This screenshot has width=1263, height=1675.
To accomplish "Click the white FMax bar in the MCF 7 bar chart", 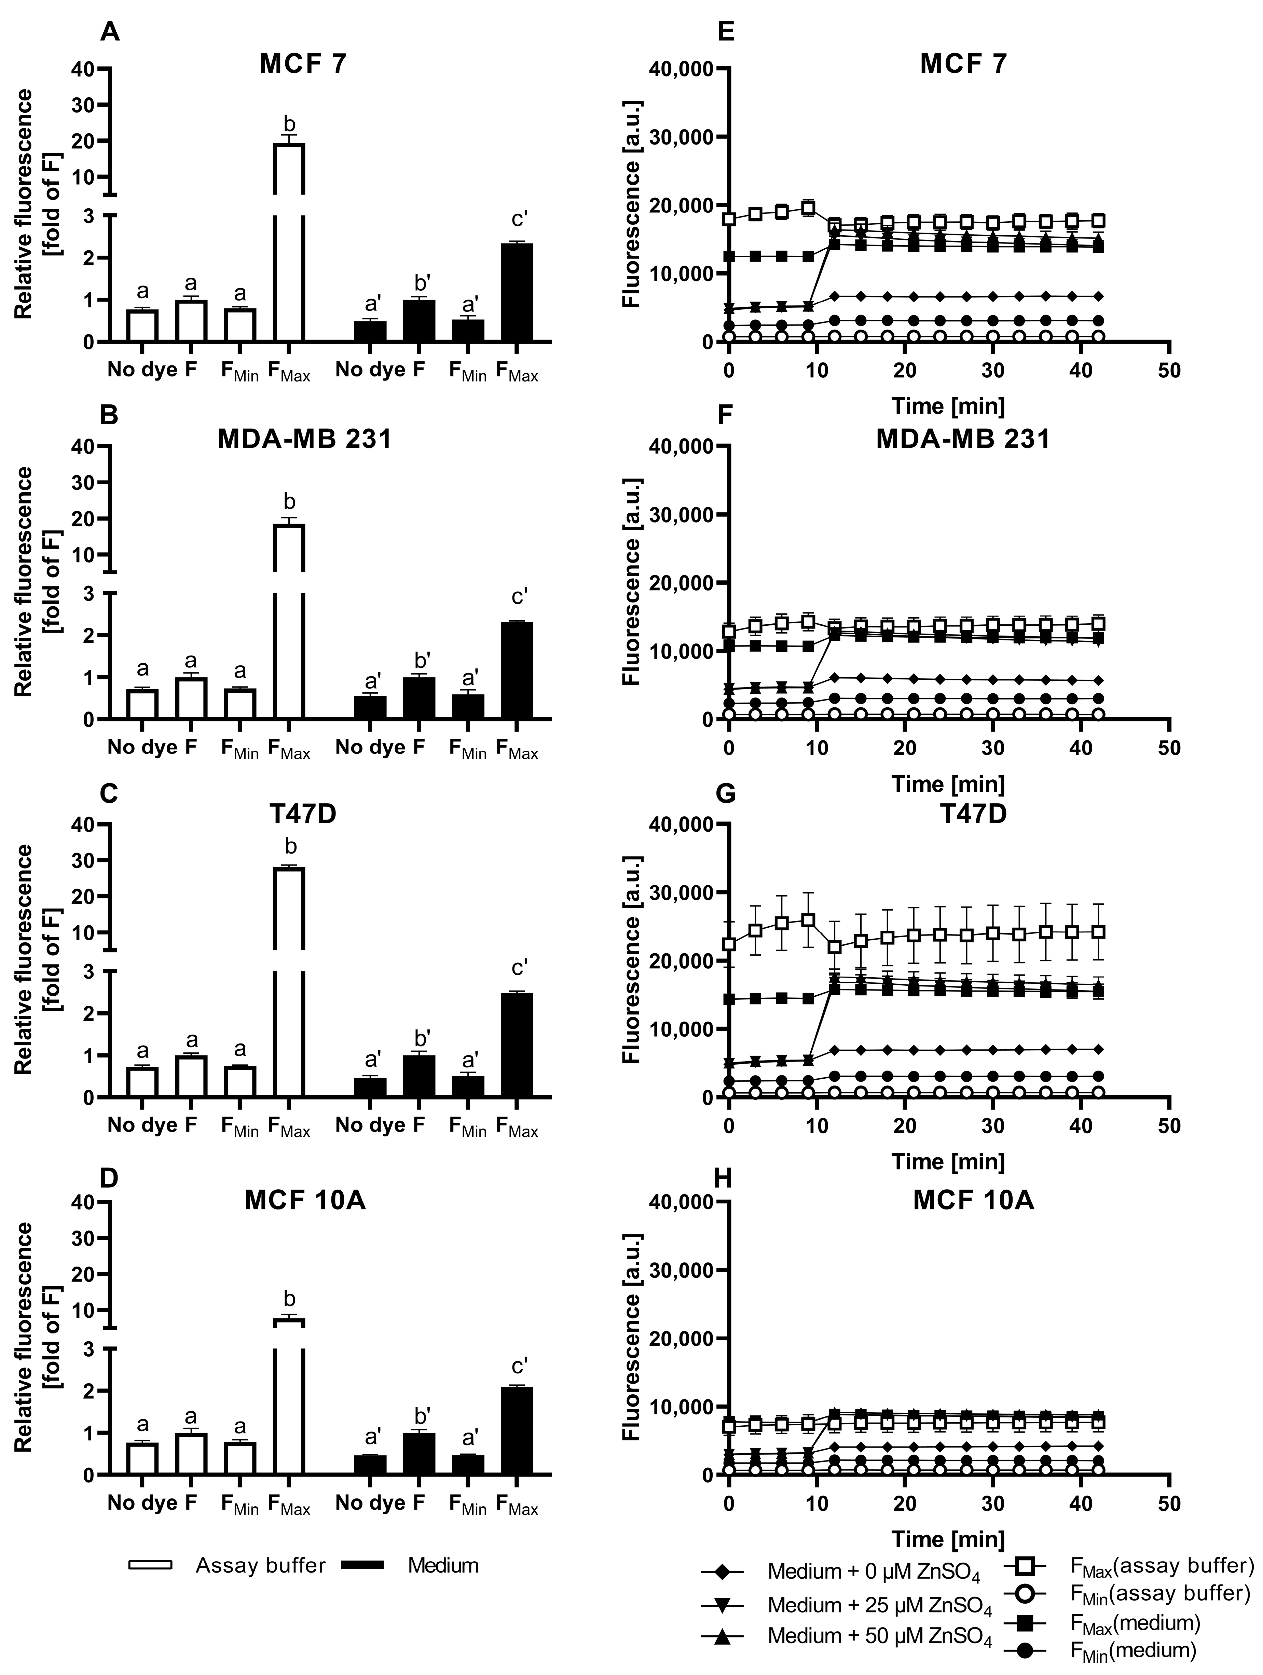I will (x=288, y=242).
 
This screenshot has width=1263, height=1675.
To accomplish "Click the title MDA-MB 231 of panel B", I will (x=304, y=439).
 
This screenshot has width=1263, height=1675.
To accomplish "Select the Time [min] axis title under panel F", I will (x=948, y=784).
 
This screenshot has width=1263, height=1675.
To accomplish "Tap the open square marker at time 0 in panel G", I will (x=729, y=944).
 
